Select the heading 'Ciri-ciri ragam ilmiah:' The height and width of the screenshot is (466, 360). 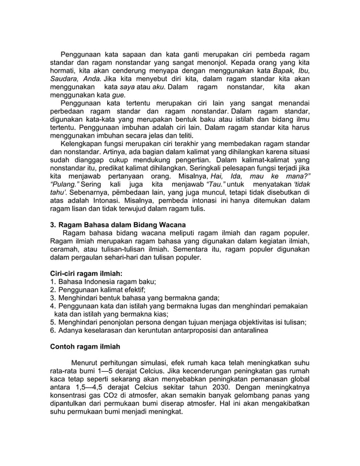(x=86, y=272)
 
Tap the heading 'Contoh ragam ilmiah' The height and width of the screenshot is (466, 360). (x=85, y=346)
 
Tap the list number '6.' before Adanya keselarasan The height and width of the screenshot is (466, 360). (x=53, y=331)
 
